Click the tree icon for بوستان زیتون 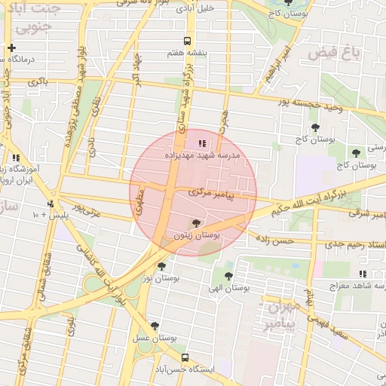[x=197, y=223]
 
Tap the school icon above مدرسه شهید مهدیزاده [x=201, y=142]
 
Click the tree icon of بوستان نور [x=161, y=266]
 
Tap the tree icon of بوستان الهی [x=228, y=275]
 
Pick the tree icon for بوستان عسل [x=155, y=326]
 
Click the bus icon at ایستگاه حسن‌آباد [x=185, y=359]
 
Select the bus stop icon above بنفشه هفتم [x=186, y=42]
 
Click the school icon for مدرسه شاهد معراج [x=363, y=274]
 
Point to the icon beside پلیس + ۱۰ [x=51, y=204]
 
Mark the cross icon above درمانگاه [x=11, y=47]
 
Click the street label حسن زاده [x=273, y=240]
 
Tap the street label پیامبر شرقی [x=369, y=215]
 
